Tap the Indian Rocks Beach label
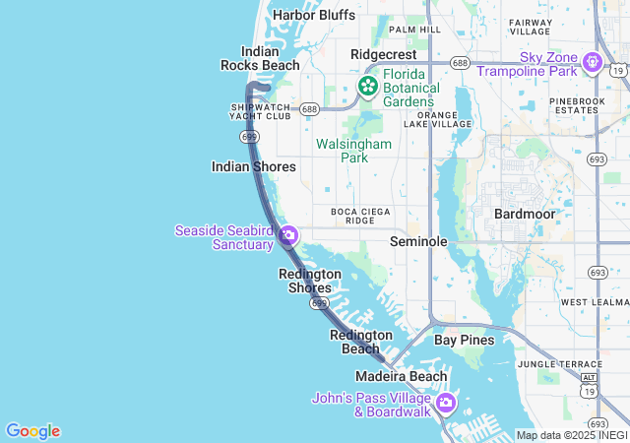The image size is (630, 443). tap(260, 58)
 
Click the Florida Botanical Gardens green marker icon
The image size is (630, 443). tap(368, 87)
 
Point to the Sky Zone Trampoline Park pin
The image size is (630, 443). tap(592, 63)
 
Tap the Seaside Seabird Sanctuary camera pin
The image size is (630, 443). tap(287, 235)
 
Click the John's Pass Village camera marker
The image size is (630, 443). tap(446, 403)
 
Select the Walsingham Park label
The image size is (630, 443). tap(353, 151)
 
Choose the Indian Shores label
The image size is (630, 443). tap(253, 167)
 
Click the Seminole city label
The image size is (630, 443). tap(418, 241)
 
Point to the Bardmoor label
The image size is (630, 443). tap(525, 214)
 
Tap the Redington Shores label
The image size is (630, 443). tap(310, 281)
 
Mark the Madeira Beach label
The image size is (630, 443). tap(402, 376)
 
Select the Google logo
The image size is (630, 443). tap(32, 431)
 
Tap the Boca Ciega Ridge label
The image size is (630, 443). tap(360, 216)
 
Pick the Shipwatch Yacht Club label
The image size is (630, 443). tap(261, 110)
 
